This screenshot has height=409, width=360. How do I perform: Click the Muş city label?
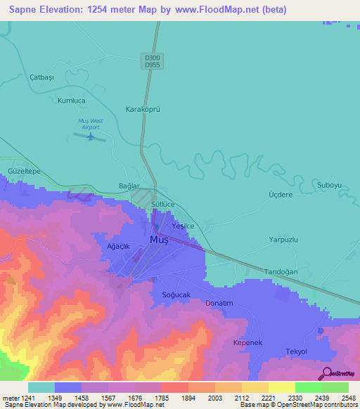click(158, 240)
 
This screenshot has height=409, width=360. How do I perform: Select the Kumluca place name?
click(72, 100)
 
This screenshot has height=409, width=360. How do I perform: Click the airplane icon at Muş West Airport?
click(89, 136)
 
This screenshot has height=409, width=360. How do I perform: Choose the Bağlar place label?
click(129, 187)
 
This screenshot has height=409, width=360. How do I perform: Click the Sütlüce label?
click(163, 204)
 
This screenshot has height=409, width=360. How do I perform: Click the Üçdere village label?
click(281, 195)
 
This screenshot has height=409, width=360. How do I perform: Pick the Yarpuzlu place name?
click(284, 240)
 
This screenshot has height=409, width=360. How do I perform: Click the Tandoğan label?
click(281, 271)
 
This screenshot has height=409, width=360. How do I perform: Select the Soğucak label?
click(176, 294)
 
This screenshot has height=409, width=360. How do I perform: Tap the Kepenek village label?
click(247, 342)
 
